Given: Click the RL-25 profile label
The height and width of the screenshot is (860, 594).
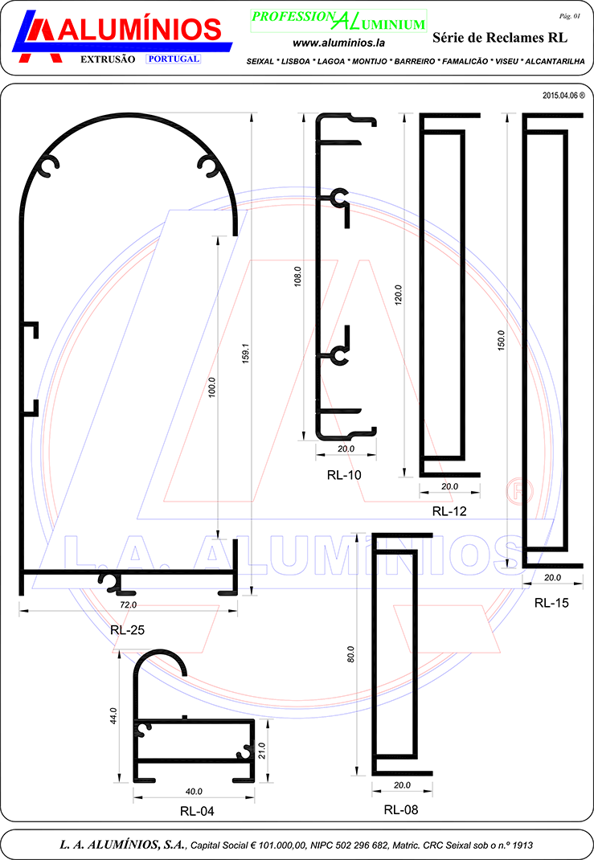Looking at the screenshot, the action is (127, 629).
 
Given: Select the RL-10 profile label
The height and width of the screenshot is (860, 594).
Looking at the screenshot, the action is (344, 475).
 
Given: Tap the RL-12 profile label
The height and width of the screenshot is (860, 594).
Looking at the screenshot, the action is (449, 511).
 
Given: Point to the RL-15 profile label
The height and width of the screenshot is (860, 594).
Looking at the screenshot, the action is (551, 603).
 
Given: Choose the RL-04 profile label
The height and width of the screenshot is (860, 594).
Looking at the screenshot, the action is (197, 811).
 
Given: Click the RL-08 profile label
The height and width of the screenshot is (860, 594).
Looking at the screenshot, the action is (401, 809).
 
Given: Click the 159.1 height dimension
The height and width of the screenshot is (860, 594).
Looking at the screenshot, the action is (246, 353).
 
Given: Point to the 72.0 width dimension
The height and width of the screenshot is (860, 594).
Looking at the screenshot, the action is (129, 605).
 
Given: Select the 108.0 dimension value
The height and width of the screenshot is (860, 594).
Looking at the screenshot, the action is (298, 276).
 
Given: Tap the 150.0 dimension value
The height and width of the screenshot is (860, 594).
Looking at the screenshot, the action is (501, 340).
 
